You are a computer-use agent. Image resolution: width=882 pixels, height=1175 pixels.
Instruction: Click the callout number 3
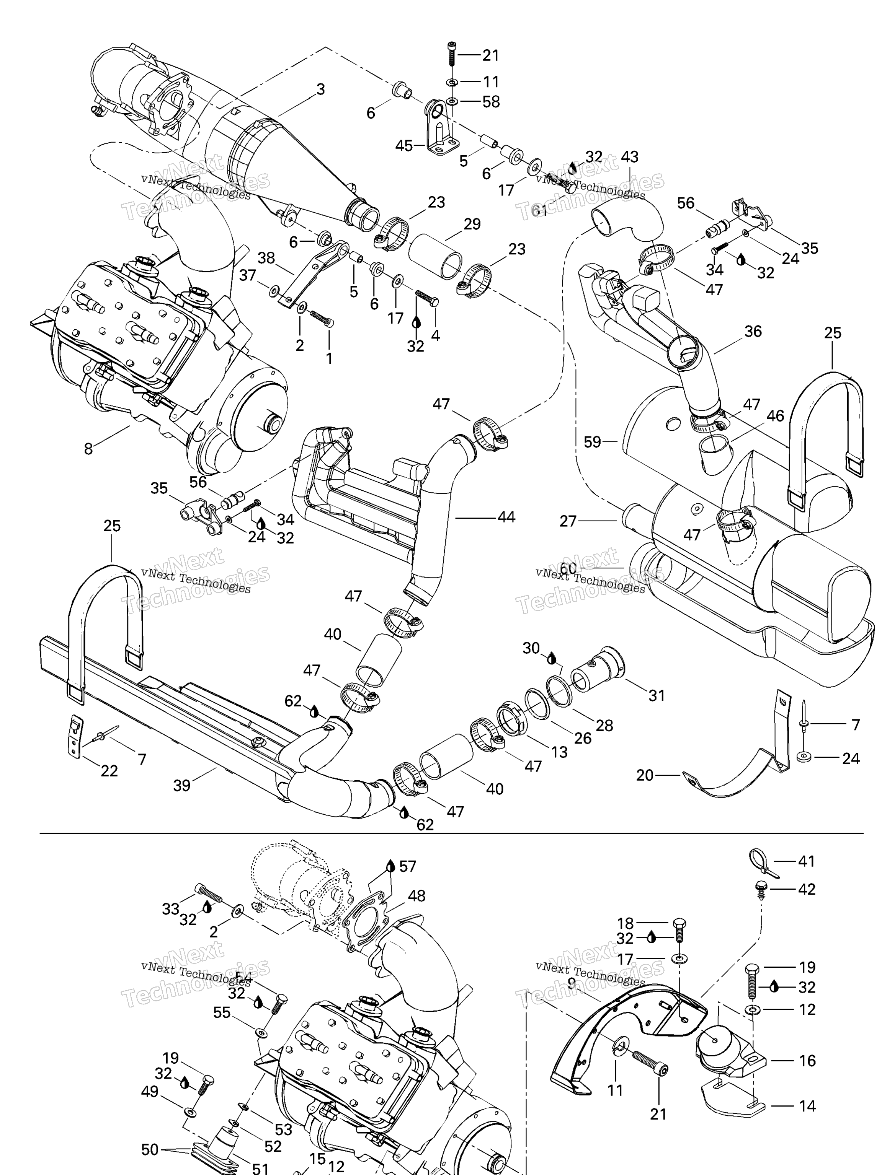pos(320,89)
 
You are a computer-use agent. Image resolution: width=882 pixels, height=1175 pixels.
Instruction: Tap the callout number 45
pos(404,145)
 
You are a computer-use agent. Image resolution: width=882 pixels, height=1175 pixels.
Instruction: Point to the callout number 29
pos(472,224)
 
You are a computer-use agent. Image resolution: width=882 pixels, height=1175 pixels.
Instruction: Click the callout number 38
pos(266,258)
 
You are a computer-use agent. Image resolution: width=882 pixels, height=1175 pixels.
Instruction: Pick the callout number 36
pos(753,332)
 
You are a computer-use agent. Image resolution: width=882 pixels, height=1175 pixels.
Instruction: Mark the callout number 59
pos(592,442)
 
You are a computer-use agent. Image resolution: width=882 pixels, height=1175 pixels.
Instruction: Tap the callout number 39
pos(182,785)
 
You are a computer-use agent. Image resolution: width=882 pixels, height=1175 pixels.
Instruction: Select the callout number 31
pos(657,695)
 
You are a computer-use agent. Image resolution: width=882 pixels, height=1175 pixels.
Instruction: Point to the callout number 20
pos(644,776)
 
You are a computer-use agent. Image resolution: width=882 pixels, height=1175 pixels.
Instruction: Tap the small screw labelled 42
pos(761,889)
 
